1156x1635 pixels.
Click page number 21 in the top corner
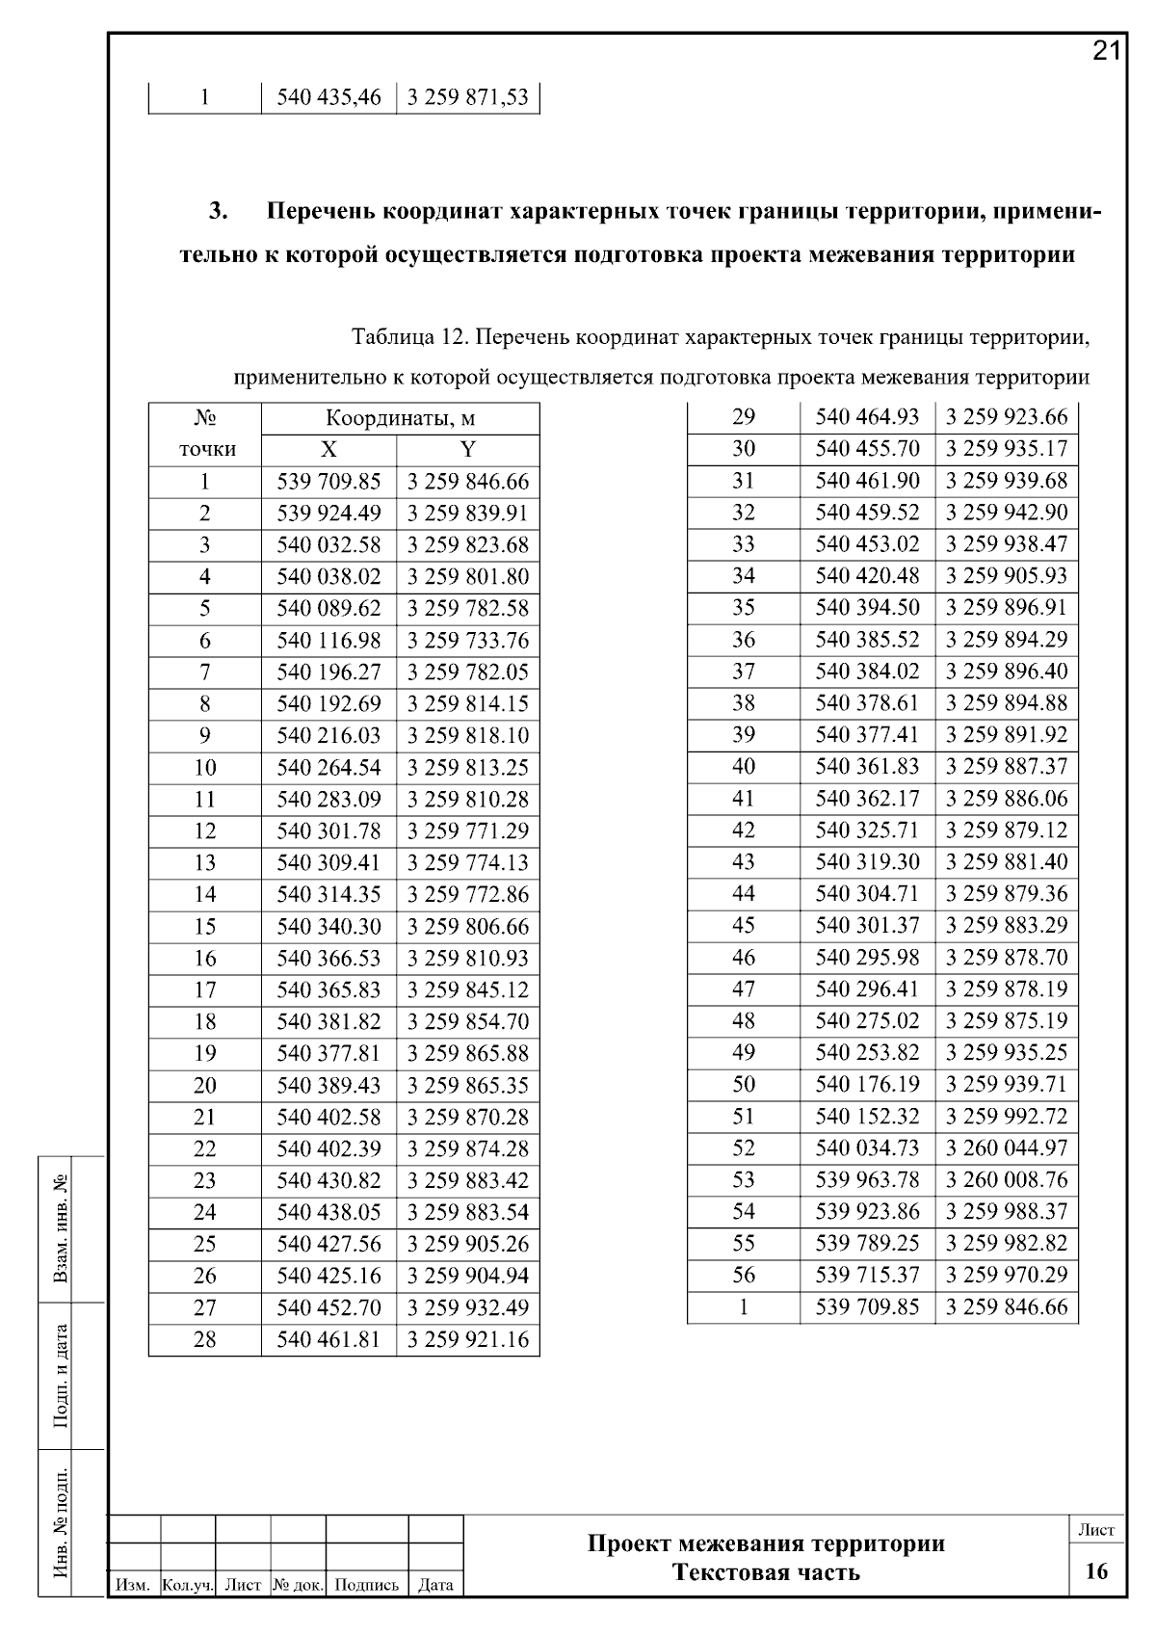point(1107,51)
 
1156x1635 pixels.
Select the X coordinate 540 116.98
point(328,641)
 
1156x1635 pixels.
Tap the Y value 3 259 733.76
point(468,641)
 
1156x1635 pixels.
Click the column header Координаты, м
point(400,419)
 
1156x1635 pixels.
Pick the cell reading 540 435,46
point(328,97)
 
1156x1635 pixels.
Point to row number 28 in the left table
point(205,1339)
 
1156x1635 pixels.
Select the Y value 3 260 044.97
point(1007,1147)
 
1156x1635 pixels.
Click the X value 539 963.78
point(867,1179)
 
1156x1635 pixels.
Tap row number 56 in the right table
point(744,1275)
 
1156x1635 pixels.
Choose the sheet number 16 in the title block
point(1096,1571)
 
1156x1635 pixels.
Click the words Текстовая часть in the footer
point(766,1572)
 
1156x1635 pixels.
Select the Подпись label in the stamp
point(367,1585)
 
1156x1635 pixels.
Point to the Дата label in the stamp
point(436,1585)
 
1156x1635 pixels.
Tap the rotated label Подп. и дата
point(62,1376)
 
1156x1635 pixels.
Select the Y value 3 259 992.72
point(1007,1116)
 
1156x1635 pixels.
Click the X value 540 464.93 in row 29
point(867,417)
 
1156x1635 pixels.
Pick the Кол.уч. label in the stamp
point(188,1585)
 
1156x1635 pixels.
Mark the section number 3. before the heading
point(219,211)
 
